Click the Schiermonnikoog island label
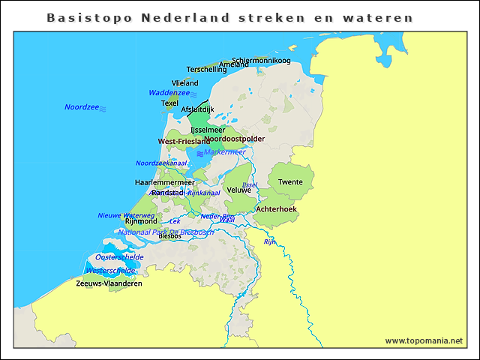(x=261, y=60)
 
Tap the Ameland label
(x=233, y=65)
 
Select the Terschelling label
(x=206, y=70)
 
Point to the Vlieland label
(x=184, y=83)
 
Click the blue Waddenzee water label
(x=169, y=93)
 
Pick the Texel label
(x=169, y=103)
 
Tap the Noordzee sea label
(x=82, y=107)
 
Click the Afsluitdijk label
(x=197, y=109)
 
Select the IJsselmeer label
(x=208, y=130)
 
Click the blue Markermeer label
(x=224, y=151)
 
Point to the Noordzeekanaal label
(x=161, y=163)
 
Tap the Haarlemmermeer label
(x=164, y=182)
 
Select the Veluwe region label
(x=238, y=190)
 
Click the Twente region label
(x=290, y=182)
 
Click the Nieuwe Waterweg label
(x=126, y=215)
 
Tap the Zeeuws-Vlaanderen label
(x=109, y=283)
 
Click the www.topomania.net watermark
(x=424, y=340)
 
